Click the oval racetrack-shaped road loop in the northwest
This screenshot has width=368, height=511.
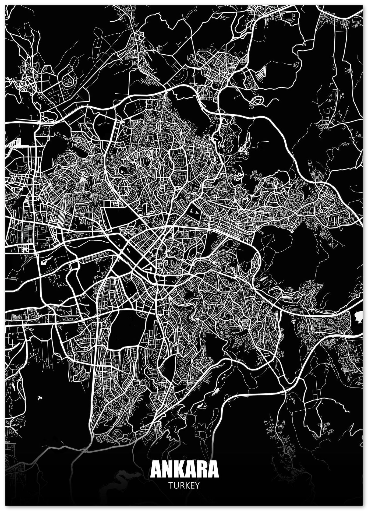[68, 79]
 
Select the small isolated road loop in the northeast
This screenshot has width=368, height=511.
[257, 101]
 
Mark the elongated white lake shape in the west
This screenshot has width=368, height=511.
[45, 260]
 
